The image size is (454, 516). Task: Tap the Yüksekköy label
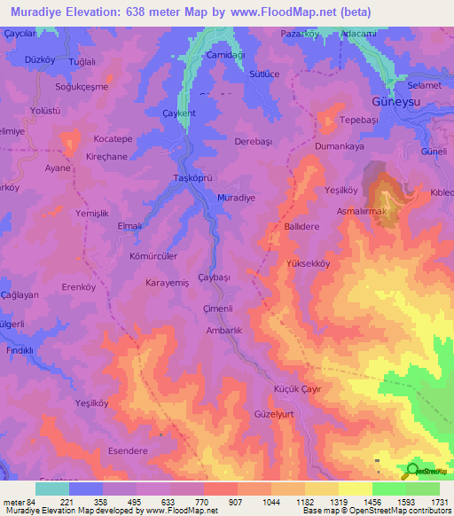pos(309,263)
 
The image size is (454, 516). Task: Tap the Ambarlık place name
pos(223,330)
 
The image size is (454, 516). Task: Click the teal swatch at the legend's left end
pos(51,489)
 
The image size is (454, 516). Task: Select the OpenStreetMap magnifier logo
pos(412,471)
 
